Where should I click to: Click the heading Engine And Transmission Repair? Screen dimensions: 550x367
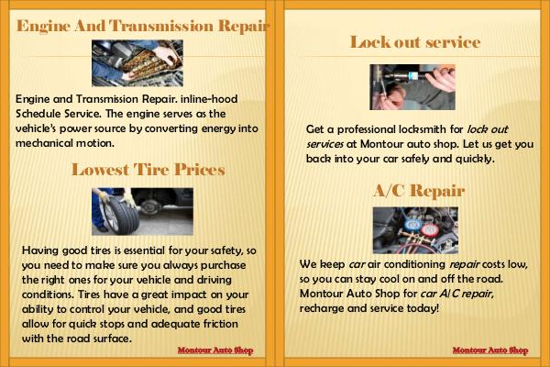[143, 27]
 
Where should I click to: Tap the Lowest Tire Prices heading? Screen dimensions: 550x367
[148, 170]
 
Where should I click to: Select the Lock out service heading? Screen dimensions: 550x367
[415, 42]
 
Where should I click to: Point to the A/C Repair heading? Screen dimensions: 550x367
[419, 191]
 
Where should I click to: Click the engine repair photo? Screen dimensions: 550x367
[137, 63]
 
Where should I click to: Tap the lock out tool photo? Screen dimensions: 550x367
[412, 87]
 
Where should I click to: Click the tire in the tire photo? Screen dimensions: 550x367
[121, 215]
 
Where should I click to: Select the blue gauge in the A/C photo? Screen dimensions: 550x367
[410, 226]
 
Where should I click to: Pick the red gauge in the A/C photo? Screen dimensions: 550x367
[429, 230]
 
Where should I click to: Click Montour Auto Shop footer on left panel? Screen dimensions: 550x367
[215, 350]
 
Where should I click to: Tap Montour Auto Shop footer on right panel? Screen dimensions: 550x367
[490, 350]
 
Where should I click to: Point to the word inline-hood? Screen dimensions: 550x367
[209, 99]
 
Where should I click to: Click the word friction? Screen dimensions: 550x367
[221, 324]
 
